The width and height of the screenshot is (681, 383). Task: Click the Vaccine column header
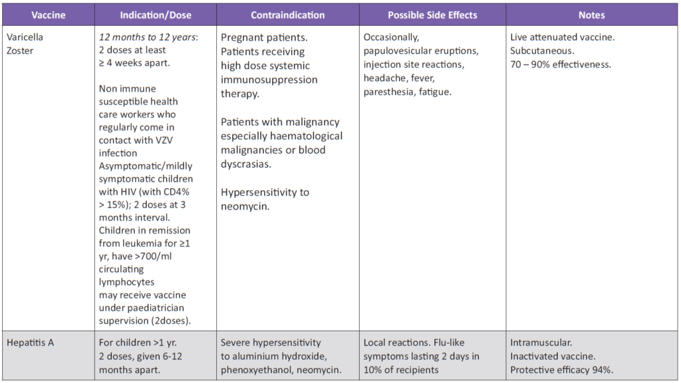pos(48,15)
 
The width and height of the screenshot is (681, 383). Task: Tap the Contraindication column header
pos(288,15)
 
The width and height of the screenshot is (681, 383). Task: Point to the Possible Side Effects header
pos(432,15)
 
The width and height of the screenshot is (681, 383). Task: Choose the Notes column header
pos(591,15)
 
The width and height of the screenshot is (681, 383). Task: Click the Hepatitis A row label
pos(31,343)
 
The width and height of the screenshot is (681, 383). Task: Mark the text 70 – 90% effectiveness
pos(561,64)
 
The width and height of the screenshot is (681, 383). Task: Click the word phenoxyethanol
pos(252,370)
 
